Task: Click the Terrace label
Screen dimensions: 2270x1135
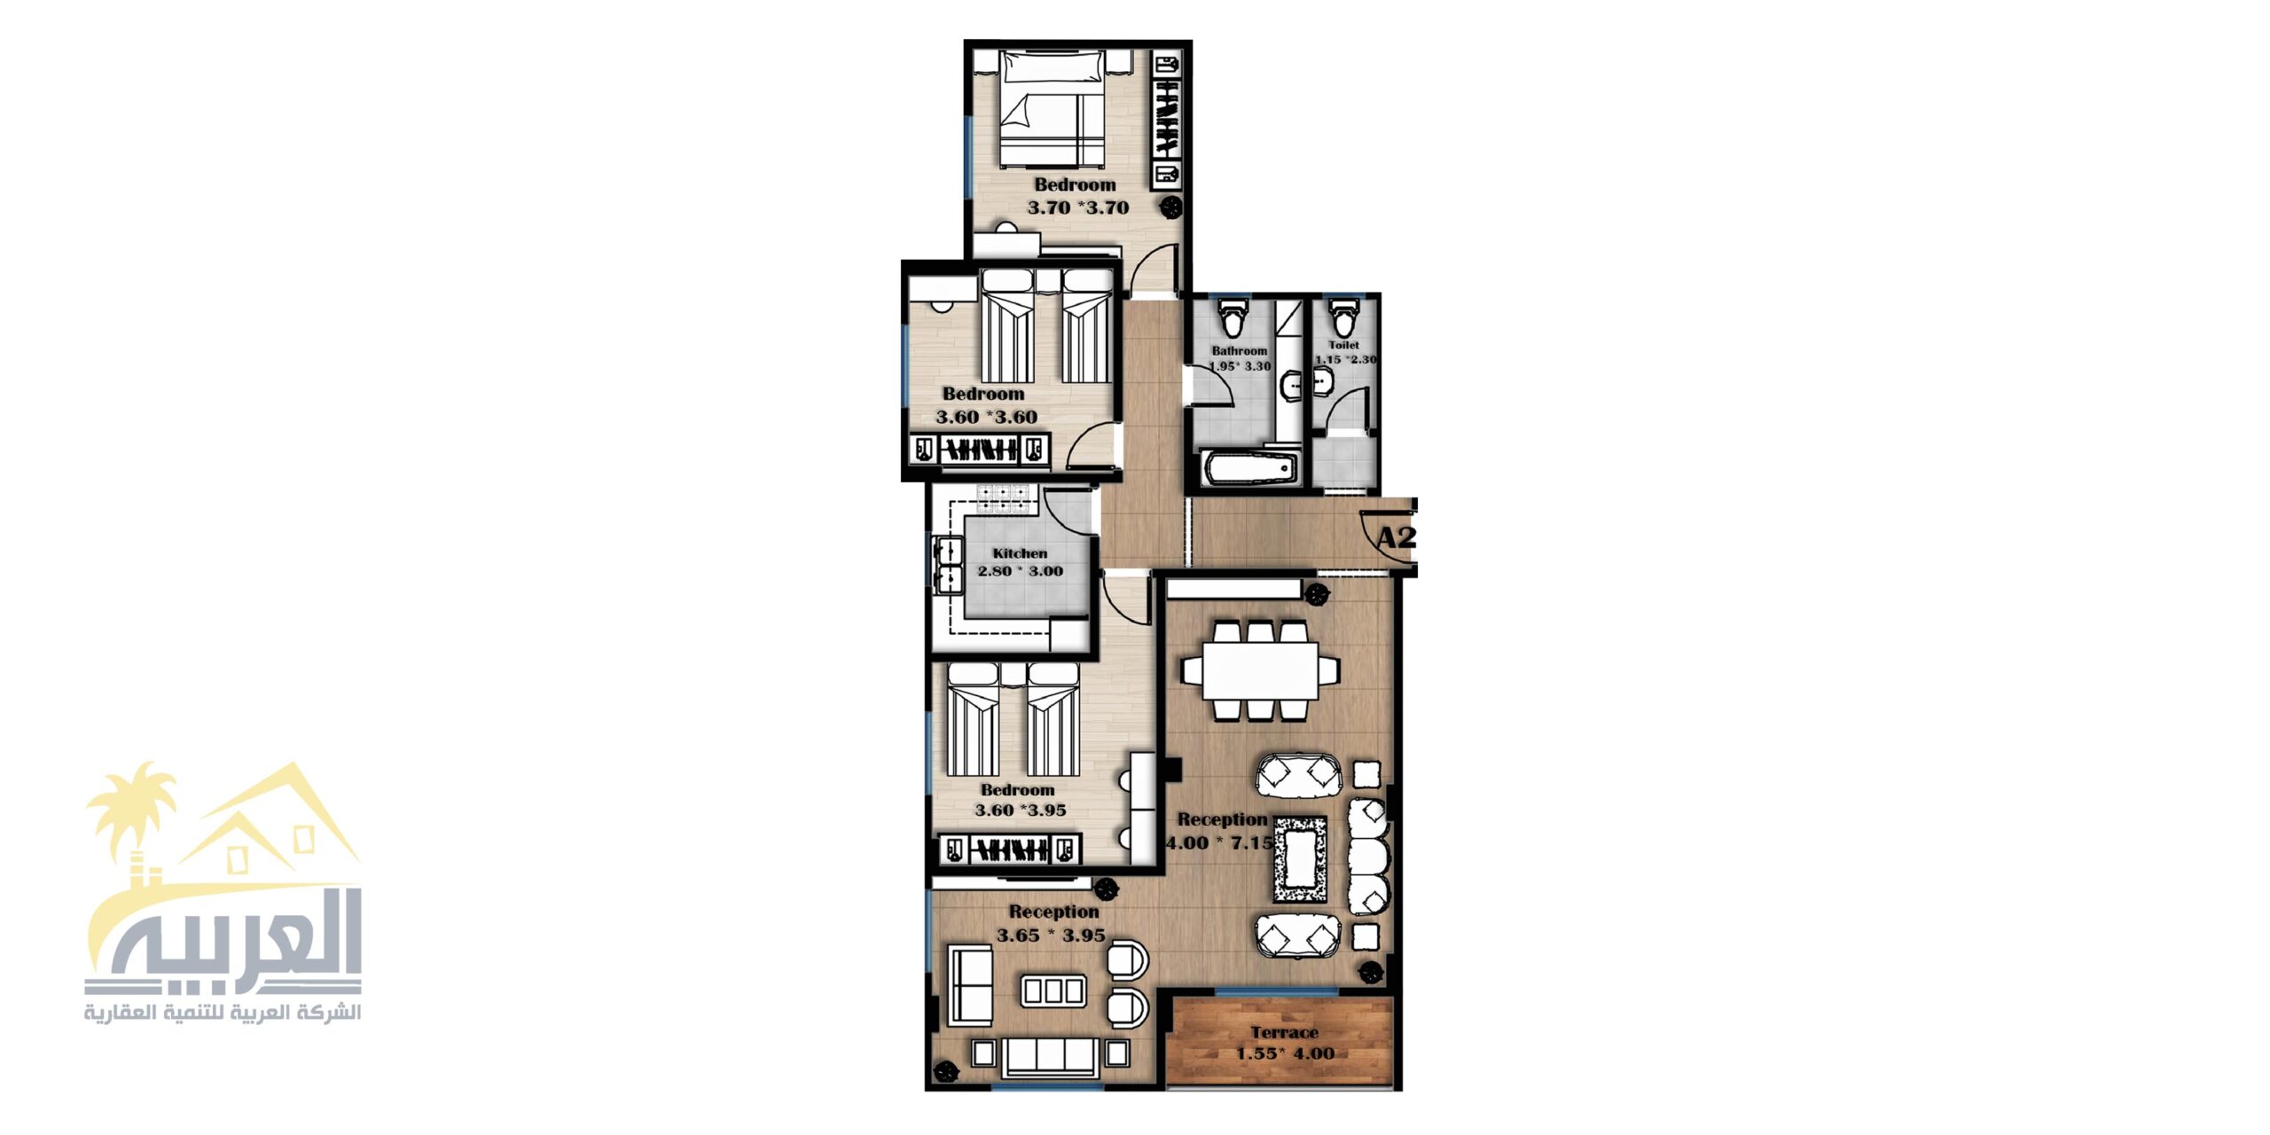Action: pos(1284,1032)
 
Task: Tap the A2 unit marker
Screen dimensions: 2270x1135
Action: pos(1395,537)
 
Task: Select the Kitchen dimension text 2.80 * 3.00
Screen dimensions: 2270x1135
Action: pos(1020,571)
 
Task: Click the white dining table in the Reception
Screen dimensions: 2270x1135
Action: pos(1260,669)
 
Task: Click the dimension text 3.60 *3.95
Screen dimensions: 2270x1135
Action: pos(1020,810)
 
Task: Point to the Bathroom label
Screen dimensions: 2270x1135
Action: pos(1240,351)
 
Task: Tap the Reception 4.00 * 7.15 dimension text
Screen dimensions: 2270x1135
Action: pos(1219,842)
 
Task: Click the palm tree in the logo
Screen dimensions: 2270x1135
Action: pos(132,811)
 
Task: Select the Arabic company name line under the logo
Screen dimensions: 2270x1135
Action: pos(223,1013)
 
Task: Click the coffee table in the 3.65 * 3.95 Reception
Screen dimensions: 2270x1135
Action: pos(1053,990)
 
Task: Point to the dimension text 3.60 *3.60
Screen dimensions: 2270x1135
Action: pos(986,417)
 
